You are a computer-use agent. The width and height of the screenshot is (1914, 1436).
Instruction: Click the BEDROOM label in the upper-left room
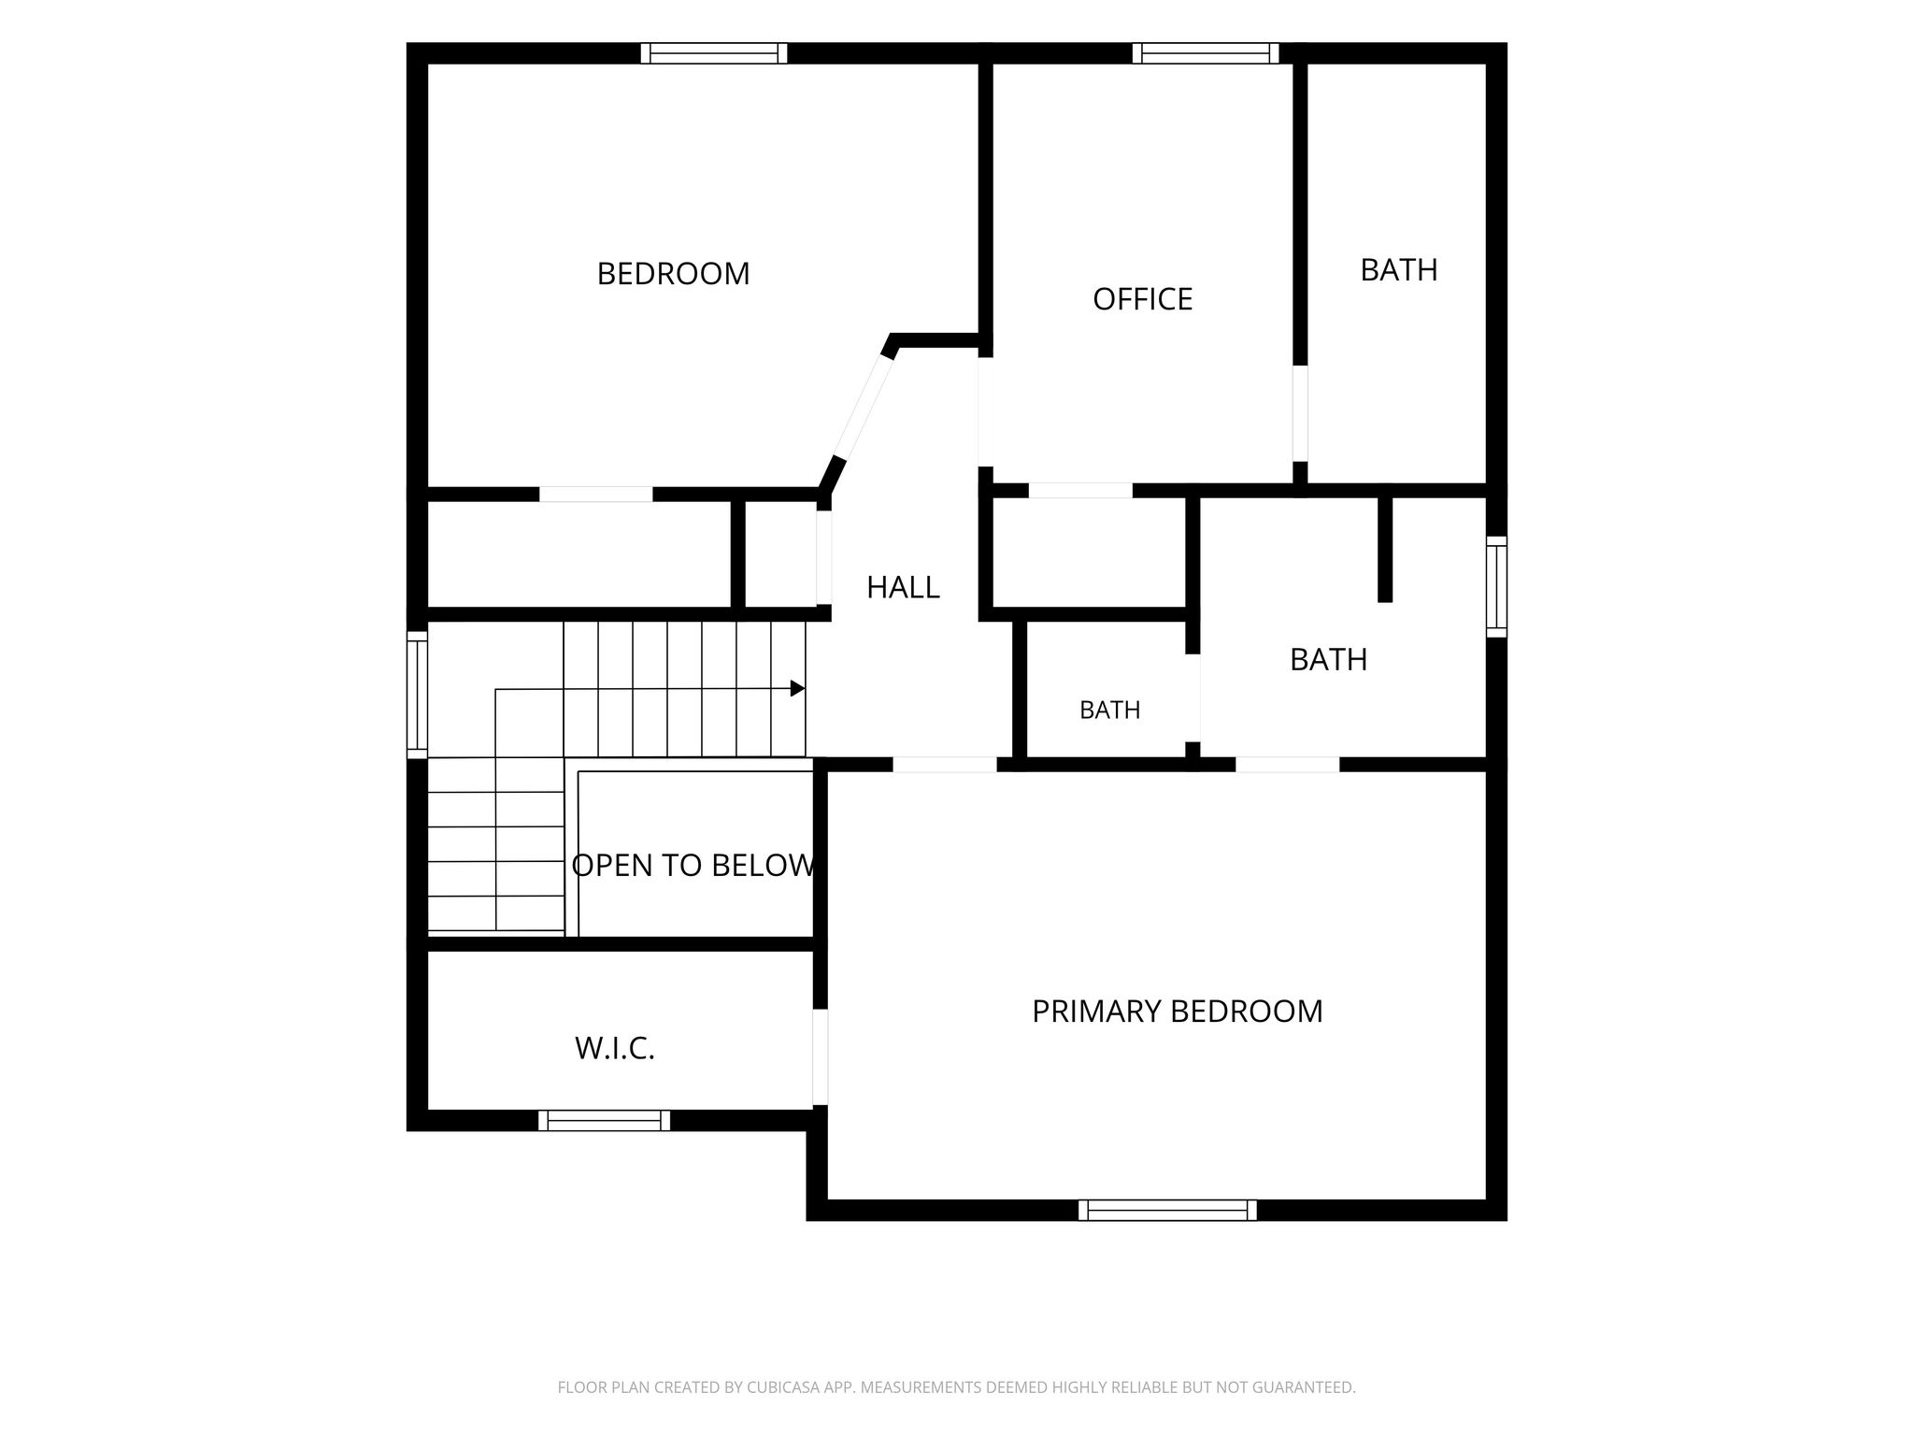click(x=673, y=274)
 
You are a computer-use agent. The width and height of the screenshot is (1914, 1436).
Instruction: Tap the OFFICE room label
click(x=1142, y=299)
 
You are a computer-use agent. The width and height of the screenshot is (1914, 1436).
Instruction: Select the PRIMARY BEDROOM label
click(x=1177, y=1012)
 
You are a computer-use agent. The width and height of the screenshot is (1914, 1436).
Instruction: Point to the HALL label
click(x=903, y=588)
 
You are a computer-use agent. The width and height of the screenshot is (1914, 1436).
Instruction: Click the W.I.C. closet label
click(x=614, y=1049)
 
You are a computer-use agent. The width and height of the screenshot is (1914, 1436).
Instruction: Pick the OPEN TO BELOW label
click(x=693, y=866)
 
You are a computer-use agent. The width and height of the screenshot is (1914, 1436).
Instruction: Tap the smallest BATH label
click(x=1109, y=711)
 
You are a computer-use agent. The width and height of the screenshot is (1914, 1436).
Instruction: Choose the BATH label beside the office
click(x=1398, y=270)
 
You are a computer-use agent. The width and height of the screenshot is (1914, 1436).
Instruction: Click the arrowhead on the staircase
click(x=797, y=689)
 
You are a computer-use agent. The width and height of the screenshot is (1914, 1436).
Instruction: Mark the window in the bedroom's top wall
click(x=714, y=53)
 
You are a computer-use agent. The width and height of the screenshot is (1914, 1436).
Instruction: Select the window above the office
click(x=1206, y=53)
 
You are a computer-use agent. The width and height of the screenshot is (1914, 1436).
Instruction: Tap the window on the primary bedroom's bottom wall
click(x=1167, y=1211)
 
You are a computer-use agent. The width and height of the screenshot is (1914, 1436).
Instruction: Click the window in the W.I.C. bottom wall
click(x=604, y=1120)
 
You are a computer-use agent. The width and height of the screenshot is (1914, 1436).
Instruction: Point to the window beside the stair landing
click(x=417, y=695)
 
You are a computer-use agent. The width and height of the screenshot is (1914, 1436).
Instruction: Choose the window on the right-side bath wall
click(x=1496, y=587)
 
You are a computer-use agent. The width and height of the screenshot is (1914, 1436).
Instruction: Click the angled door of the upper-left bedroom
click(x=863, y=408)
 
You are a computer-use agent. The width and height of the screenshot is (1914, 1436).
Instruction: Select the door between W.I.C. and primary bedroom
click(x=820, y=1057)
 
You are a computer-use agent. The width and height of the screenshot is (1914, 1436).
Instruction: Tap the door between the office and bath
click(x=1300, y=413)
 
